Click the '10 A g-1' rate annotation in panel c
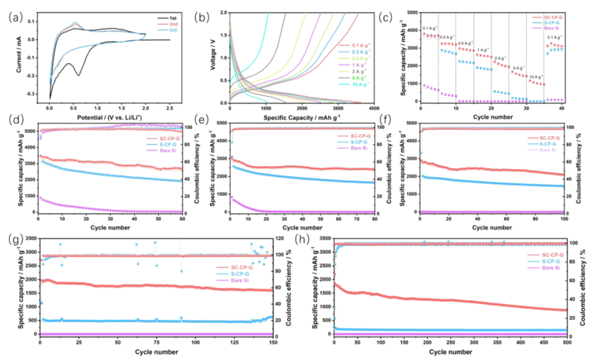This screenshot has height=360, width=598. pos(535,77)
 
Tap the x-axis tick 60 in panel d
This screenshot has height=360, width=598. pos(182,218)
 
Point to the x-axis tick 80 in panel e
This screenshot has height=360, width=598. pos(374,218)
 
